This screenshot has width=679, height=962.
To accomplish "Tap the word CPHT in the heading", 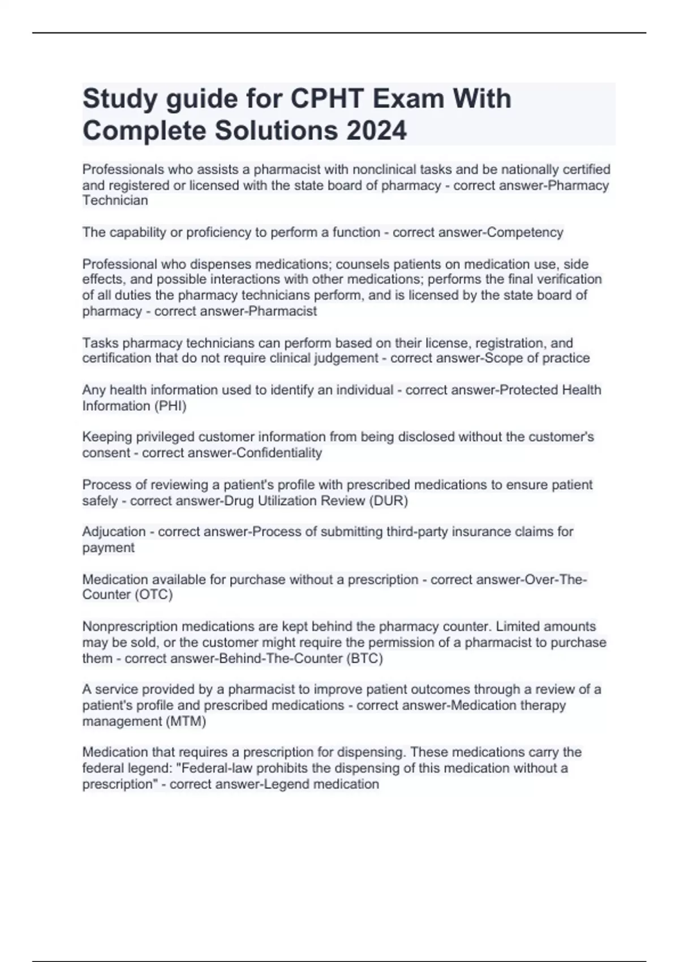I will pyautogui.click(x=326, y=99).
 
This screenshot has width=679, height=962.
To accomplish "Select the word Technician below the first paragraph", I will pyautogui.click(x=115, y=201).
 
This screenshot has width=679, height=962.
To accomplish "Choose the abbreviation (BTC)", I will pyautogui.click(x=365, y=658).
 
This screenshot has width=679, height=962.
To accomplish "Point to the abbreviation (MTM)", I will pyautogui.click(x=186, y=721).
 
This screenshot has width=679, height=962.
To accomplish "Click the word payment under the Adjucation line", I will pyautogui.click(x=108, y=548).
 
